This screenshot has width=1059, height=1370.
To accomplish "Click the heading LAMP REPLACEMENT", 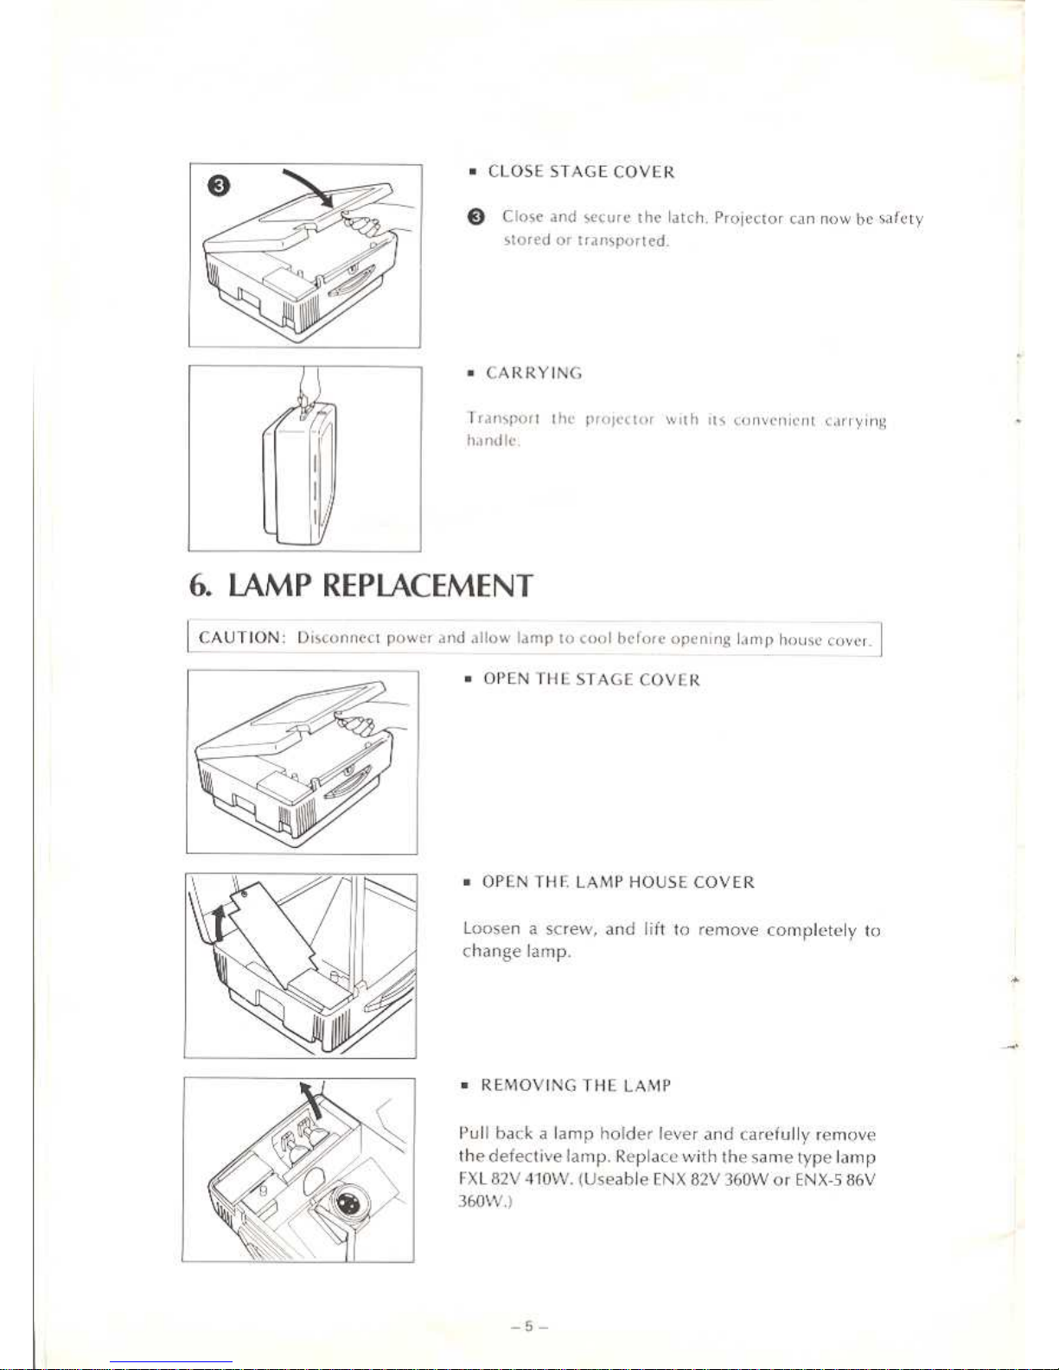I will tap(380, 586).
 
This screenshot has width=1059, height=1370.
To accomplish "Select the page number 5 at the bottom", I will tap(529, 1325).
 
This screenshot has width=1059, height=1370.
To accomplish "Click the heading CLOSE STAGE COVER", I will tap(581, 171).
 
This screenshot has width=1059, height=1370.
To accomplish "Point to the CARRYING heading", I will tap(533, 373).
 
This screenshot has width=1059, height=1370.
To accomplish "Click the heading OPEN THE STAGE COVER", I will tap(591, 679).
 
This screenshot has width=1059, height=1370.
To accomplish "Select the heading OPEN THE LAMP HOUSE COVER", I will tap(618, 883).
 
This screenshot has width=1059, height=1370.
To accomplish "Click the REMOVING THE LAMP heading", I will tap(576, 1086).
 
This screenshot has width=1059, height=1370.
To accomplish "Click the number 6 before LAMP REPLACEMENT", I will tap(196, 586).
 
